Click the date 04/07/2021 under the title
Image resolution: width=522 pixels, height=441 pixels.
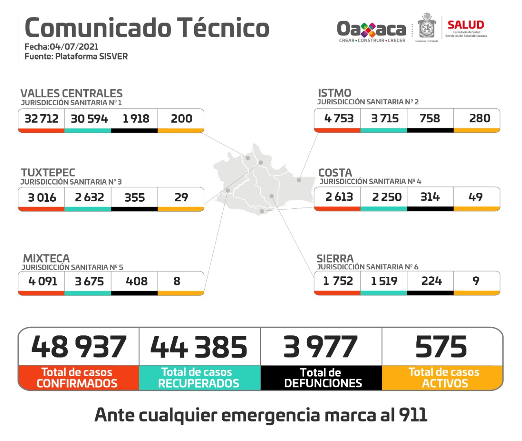coord(74,46)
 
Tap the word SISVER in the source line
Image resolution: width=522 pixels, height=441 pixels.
coord(113,56)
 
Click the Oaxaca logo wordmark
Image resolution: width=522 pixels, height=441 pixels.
coord(372,29)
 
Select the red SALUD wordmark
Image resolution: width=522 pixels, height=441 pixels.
coord(466,25)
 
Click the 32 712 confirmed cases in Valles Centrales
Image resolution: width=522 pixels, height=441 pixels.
coord(42,119)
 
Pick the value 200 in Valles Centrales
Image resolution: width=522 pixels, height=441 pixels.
coord(181,119)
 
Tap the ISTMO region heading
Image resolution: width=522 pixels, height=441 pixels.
coord(334,93)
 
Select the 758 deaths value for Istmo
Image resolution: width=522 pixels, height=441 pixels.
coord(430,118)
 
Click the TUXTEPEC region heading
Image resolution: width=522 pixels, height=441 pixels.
coord(48,172)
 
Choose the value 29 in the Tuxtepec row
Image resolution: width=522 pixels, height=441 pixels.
coord(181,197)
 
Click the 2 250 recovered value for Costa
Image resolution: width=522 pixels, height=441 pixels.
coord(387,197)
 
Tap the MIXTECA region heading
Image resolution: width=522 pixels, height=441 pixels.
coord(46,258)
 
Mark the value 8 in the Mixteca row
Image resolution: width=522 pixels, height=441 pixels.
coord(177,281)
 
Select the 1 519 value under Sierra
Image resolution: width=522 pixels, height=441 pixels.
coord(384,281)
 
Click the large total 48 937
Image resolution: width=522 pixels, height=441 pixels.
coord(79,347)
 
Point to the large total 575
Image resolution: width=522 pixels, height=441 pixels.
coord(441,347)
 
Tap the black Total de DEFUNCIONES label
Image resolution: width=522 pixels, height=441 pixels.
coord(322,378)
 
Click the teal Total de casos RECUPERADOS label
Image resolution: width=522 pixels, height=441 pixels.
coord(198,378)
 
